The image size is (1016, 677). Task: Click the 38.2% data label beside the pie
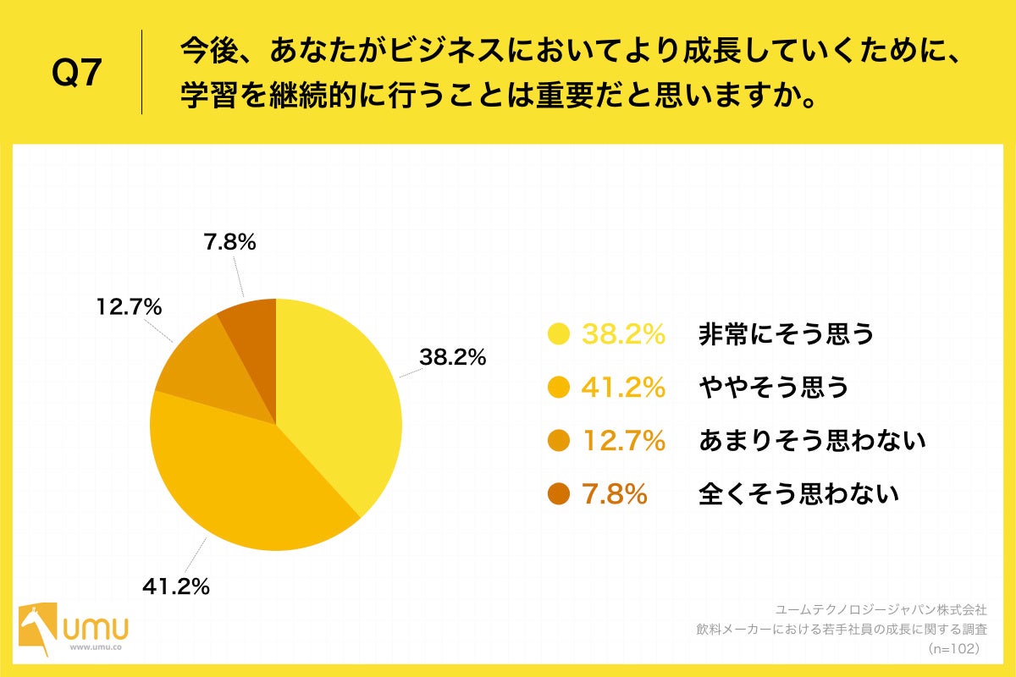point(452,358)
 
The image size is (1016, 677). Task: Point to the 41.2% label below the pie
point(175,586)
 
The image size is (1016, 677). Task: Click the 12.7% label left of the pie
point(128,308)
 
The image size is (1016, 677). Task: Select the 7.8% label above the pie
point(229,243)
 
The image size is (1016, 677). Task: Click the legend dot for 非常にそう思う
point(559,335)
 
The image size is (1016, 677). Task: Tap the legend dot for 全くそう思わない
point(559,493)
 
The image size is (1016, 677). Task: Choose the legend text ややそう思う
point(772,388)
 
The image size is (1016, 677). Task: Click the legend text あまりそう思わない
point(811,440)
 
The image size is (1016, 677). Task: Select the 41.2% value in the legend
point(622,388)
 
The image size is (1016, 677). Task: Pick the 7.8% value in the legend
point(614,493)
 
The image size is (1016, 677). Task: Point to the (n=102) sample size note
point(954,648)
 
